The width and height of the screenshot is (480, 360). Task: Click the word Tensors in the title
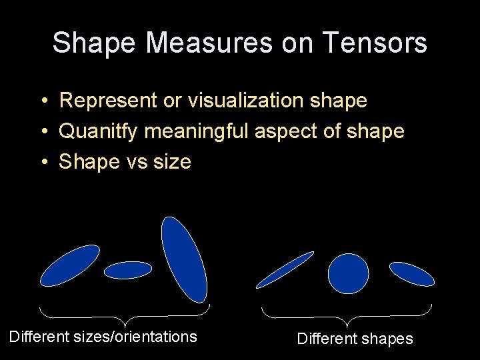[376, 43]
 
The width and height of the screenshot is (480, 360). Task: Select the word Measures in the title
[209, 43]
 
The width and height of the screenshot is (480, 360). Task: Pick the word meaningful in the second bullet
[197, 131]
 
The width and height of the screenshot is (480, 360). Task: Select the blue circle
[348, 273]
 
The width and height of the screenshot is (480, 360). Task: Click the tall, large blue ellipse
[185, 260]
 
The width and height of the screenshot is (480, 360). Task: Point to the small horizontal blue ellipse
[128, 270]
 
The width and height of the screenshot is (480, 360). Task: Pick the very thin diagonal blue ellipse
[285, 270]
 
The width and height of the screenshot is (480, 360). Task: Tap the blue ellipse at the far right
[411, 274]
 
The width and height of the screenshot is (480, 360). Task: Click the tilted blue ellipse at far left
[70, 265]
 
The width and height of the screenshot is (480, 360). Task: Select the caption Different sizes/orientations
[103, 337]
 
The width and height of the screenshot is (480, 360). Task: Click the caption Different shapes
[355, 339]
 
